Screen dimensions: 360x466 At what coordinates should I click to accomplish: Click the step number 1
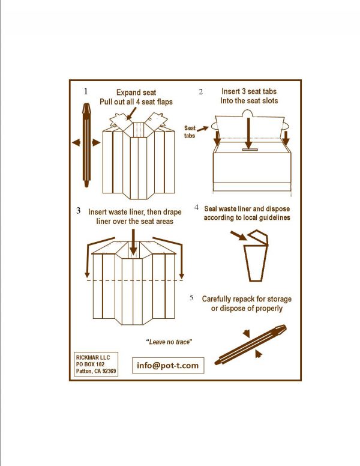[x=86, y=91]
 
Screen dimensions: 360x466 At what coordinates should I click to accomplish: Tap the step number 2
[x=201, y=92]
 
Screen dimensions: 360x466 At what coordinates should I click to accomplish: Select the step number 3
[x=78, y=211]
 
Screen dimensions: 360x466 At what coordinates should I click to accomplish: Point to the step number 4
[x=196, y=207]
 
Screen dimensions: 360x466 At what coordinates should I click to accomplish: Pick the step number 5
[x=191, y=297]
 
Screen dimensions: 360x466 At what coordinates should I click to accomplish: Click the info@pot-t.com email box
[x=168, y=365]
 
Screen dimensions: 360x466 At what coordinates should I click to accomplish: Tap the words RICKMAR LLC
[x=93, y=357]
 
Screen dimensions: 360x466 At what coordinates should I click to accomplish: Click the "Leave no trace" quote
[x=169, y=342]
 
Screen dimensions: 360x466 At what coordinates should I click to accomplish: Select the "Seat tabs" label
[x=190, y=132]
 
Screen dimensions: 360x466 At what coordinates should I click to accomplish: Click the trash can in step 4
[x=256, y=256]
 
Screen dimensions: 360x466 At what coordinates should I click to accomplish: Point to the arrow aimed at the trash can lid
[x=239, y=236]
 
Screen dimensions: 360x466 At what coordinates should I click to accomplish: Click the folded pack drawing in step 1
[x=86, y=145]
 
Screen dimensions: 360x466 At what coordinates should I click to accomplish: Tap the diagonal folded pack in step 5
[x=250, y=345]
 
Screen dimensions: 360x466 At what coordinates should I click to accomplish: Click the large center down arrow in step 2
[x=248, y=133]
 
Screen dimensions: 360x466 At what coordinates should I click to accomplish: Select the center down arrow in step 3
[x=133, y=242]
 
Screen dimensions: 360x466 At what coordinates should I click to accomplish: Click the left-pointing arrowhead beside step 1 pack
[x=76, y=143]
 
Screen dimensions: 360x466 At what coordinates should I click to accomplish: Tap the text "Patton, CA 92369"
[x=96, y=371]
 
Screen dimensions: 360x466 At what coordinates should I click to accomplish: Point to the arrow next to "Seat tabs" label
[x=203, y=129]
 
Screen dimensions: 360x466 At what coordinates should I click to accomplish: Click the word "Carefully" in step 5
[x=217, y=299]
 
